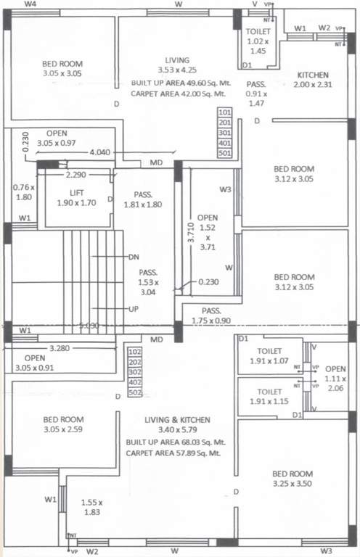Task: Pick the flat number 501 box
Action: pyautogui.click(x=224, y=153)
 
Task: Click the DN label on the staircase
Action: pyautogui.click(x=134, y=257)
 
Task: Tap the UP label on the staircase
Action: pyautogui.click(x=134, y=309)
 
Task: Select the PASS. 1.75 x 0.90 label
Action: pyautogui.click(x=212, y=315)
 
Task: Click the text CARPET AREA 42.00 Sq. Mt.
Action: pyautogui.click(x=180, y=94)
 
